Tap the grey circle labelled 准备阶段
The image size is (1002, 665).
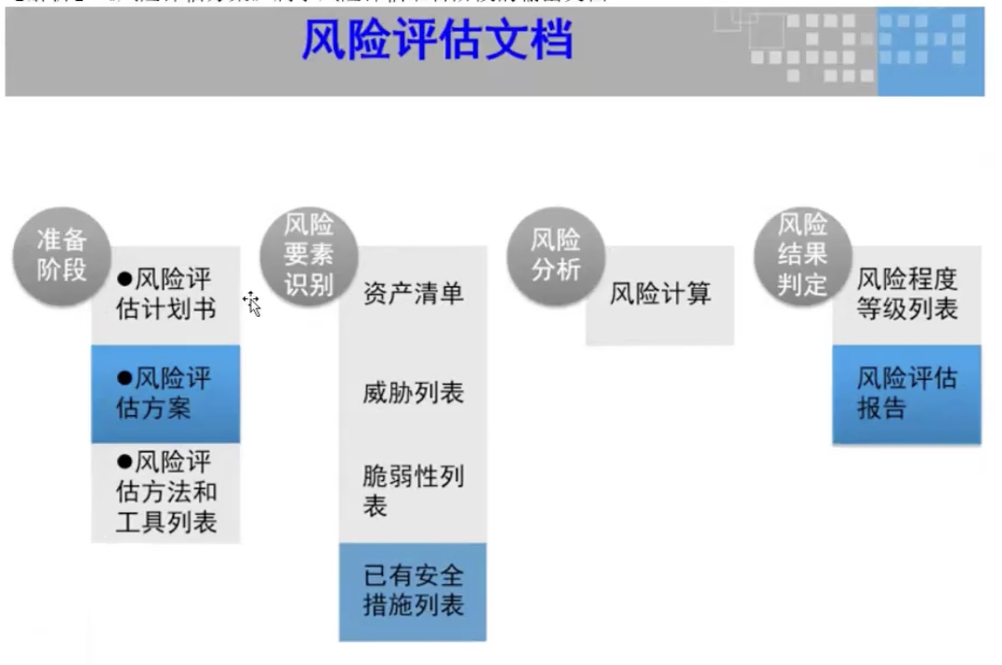[x=61, y=254]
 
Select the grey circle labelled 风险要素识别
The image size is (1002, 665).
[x=309, y=254]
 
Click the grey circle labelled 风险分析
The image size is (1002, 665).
[x=556, y=254]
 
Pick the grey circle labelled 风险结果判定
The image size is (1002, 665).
[x=802, y=254]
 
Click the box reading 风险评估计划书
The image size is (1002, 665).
[x=165, y=294]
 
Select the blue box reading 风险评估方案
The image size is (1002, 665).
[x=165, y=393]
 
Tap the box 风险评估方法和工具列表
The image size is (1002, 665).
[x=165, y=492]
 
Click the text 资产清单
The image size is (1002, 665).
[x=413, y=294]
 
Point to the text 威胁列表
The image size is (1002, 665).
[x=413, y=393]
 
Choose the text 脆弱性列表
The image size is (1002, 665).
[x=413, y=491]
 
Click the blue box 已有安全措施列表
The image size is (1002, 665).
[x=413, y=591]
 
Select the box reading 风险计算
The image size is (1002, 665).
[x=660, y=295]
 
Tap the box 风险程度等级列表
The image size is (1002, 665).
[x=906, y=294]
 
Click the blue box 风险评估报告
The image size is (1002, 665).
[x=906, y=393]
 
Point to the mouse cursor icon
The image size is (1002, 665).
[x=252, y=303]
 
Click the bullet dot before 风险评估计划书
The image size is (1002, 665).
[x=125, y=279]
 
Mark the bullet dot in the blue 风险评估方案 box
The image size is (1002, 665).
[x=125, y=378]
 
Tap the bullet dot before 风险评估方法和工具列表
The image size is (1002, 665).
[x=125, y=462]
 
